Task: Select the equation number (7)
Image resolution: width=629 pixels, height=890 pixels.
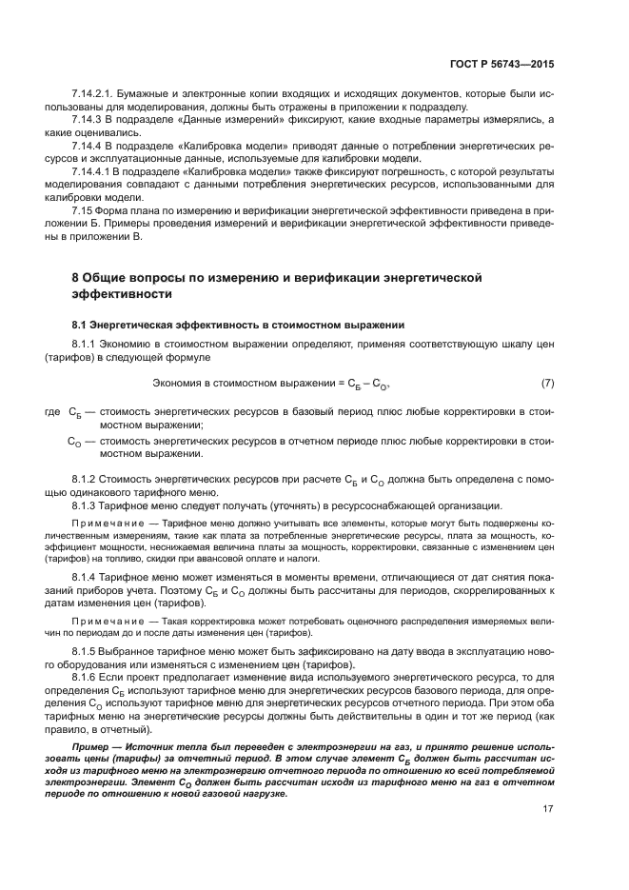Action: [x=547, y=384]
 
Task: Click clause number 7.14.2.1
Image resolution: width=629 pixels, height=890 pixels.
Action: [x=92, y=98]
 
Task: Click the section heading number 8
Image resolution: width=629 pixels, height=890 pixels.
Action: [x=77, y=277]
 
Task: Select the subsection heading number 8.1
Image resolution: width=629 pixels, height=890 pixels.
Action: [x=80, y=325]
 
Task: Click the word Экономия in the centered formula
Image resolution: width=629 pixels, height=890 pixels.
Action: [x=179, y=384]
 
